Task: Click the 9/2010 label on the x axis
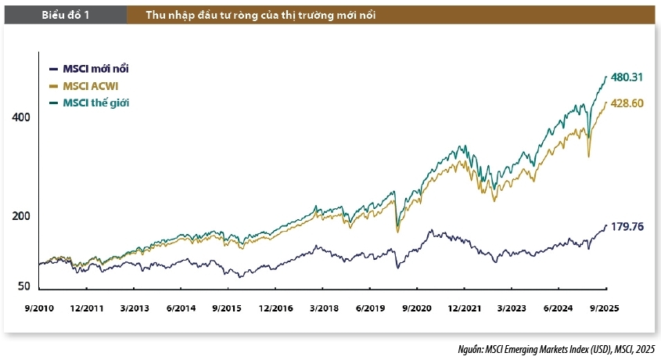[39, 308]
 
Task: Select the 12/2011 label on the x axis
[87, 308]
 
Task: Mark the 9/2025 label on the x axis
[603, 308]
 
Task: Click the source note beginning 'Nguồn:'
[557, 349]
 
